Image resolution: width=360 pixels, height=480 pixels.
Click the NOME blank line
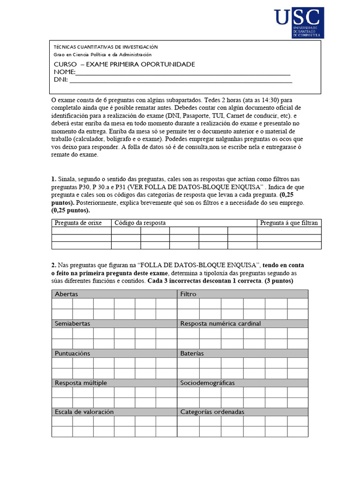183,74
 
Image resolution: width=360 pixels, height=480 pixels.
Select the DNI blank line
180,81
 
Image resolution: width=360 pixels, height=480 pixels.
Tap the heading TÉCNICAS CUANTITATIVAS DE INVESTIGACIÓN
106,47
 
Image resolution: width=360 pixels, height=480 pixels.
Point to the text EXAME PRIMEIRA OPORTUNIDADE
141,64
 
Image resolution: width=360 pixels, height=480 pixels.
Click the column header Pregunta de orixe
76,223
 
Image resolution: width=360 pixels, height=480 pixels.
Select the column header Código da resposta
140,223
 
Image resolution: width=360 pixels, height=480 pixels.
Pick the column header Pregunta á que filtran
289,223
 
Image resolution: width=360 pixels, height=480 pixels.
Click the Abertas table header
67,294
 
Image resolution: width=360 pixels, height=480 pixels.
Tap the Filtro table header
188,294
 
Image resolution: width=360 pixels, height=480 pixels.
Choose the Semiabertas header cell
73,323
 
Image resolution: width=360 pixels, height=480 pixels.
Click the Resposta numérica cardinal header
220,323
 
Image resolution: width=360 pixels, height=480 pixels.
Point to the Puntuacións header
73,353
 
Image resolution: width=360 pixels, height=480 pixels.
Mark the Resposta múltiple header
81,382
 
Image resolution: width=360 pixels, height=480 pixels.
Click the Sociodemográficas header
208,382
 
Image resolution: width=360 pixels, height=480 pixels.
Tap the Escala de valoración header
84,412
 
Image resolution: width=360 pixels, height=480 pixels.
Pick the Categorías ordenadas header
212,412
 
